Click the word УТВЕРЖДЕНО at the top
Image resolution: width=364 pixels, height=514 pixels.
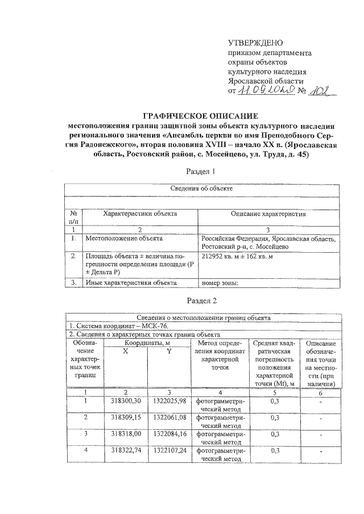[x=254, y=43]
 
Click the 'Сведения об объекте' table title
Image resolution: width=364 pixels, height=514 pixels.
[x=203, y=187]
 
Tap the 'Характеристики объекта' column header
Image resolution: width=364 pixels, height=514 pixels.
[x=139, y=215]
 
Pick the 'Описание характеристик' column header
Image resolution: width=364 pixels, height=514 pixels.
[x=268, y=215]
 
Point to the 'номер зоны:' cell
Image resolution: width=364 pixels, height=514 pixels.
[x=219, y=282]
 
